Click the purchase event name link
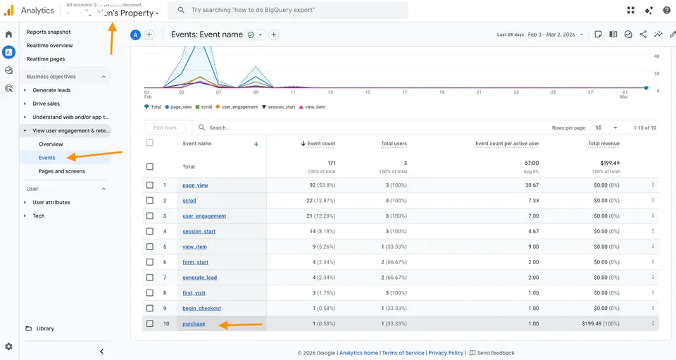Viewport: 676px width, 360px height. pyautogui.click(x=194, y=324)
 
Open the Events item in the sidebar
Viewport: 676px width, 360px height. pyautogui.click(x=47, y=158)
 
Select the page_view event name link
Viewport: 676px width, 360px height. pyautogui.click(x=195, y=185)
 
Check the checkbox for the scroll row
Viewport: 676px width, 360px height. pyautogui.click(x=149, y=201)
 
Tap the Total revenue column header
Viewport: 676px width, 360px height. pyautogui.click(x=603, y=144)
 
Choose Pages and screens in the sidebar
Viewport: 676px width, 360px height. pyautogui.click(x=62, y=171)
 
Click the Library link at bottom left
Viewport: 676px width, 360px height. pyautogui.click(x=45, y=328)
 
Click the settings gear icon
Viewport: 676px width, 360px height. pyautogui.click(x=8, y=347)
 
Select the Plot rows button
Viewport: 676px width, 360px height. pyautogui.click(x=165, y=128)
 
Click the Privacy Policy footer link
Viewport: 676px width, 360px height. pyautogui.click(x=446, y=353)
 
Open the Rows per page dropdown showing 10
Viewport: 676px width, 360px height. pyautogui.click(x=605, y=128)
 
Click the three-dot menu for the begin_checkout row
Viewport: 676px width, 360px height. pyautogui.click(x=653, y=309)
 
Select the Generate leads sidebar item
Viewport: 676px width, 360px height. pyautogui.click(x=51, y=90)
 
